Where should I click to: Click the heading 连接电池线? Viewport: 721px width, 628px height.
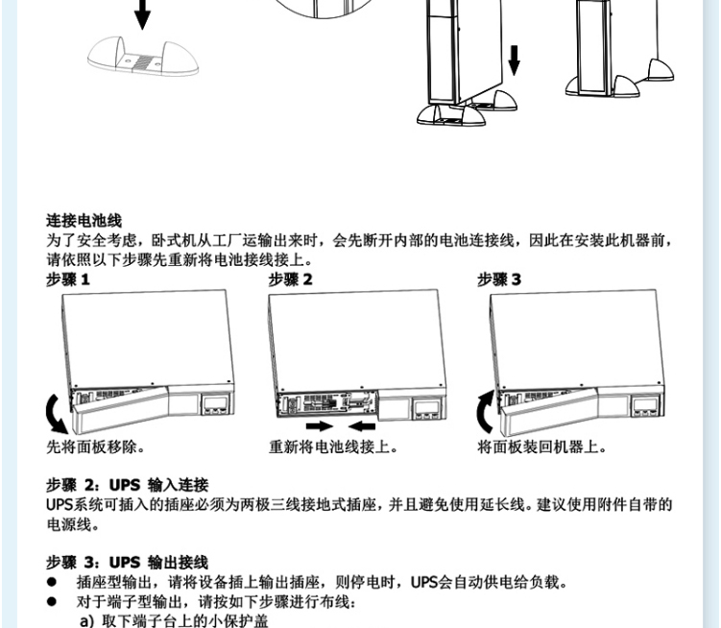click(84, 220)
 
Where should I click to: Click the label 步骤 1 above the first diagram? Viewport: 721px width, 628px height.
click(68, 279)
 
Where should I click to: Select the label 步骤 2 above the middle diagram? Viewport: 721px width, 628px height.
click(291, 279)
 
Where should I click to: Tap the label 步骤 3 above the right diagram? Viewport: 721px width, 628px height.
click(499, 279)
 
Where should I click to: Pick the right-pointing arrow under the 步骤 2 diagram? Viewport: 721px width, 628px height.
click(320, 426)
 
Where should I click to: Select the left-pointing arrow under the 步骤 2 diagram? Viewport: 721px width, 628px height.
click(362, 426)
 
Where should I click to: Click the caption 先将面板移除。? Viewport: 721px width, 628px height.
click(96, 447)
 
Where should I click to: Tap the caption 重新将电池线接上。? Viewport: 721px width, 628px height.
click(334, 447)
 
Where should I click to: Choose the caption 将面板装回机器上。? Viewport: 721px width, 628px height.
click(542, 447)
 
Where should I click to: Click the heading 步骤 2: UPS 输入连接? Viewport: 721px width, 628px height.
click(128, 485)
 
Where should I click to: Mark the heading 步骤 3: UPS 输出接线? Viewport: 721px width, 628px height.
click(128, 562)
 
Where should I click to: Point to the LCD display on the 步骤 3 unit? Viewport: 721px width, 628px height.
click(646, 406)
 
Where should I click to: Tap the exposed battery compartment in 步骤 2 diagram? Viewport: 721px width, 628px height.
click(327, 404)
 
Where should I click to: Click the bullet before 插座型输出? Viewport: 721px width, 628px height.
click(52, 582)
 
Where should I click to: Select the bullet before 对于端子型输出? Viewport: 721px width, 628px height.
click(52, 601)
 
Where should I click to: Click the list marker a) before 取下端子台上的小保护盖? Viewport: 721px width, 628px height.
click(87, 621)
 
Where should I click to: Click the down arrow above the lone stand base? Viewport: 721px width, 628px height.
click(142, 14)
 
